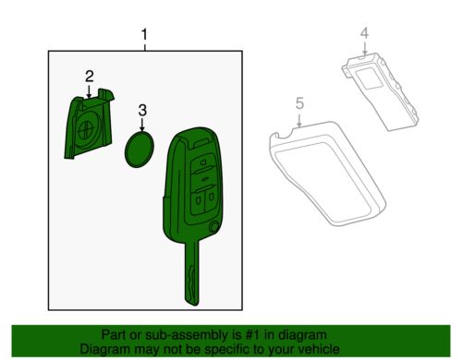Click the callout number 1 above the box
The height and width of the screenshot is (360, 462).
tap(144, 35)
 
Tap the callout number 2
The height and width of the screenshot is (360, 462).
tap(90, 77)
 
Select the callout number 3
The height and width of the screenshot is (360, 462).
tap(142, 110)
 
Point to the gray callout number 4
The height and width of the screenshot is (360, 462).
tap(365, 33)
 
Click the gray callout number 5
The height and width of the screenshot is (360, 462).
tap(299, 103)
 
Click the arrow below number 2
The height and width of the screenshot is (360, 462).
tap(90, 91)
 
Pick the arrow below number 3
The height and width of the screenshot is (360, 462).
tap(142, 125)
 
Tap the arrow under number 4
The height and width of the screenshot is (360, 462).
tap(365, 48)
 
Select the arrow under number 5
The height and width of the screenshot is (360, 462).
tap(299, 119)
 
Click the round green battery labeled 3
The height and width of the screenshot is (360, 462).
tap(140, 150)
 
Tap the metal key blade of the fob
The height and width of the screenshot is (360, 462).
tap(192, 273)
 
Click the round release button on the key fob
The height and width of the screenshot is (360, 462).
tap(213, 227)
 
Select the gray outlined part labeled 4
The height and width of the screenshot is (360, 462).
tap(381, 91)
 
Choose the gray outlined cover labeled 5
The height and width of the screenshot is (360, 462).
tap(328, 174)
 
